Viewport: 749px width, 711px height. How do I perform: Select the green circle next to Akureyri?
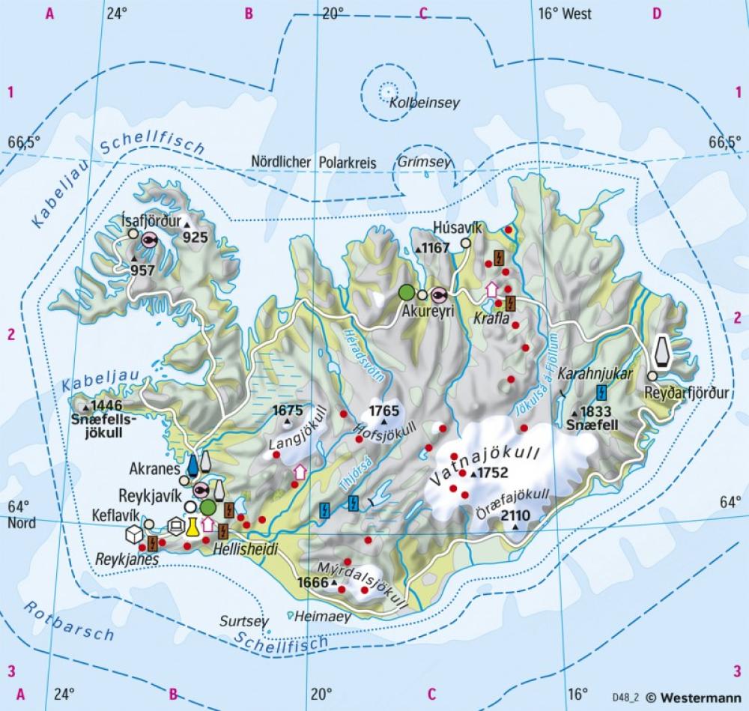[x=406, y=293]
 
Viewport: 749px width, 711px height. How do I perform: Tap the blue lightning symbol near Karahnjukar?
[x=601, y=391]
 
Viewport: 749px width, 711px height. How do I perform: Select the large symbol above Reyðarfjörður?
[x=661, y=351]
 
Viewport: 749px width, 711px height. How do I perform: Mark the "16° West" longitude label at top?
[x=565, y=13]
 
